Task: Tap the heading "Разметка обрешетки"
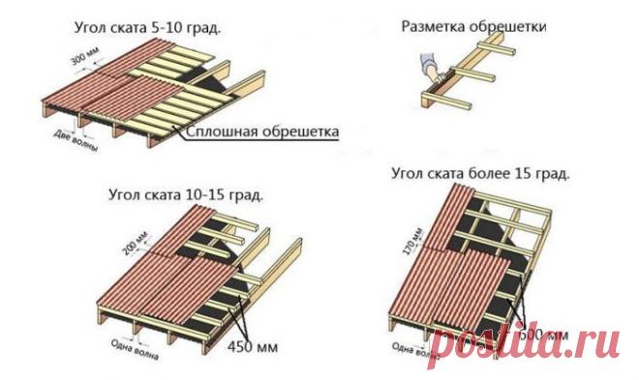474,27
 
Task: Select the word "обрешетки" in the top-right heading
509,27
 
